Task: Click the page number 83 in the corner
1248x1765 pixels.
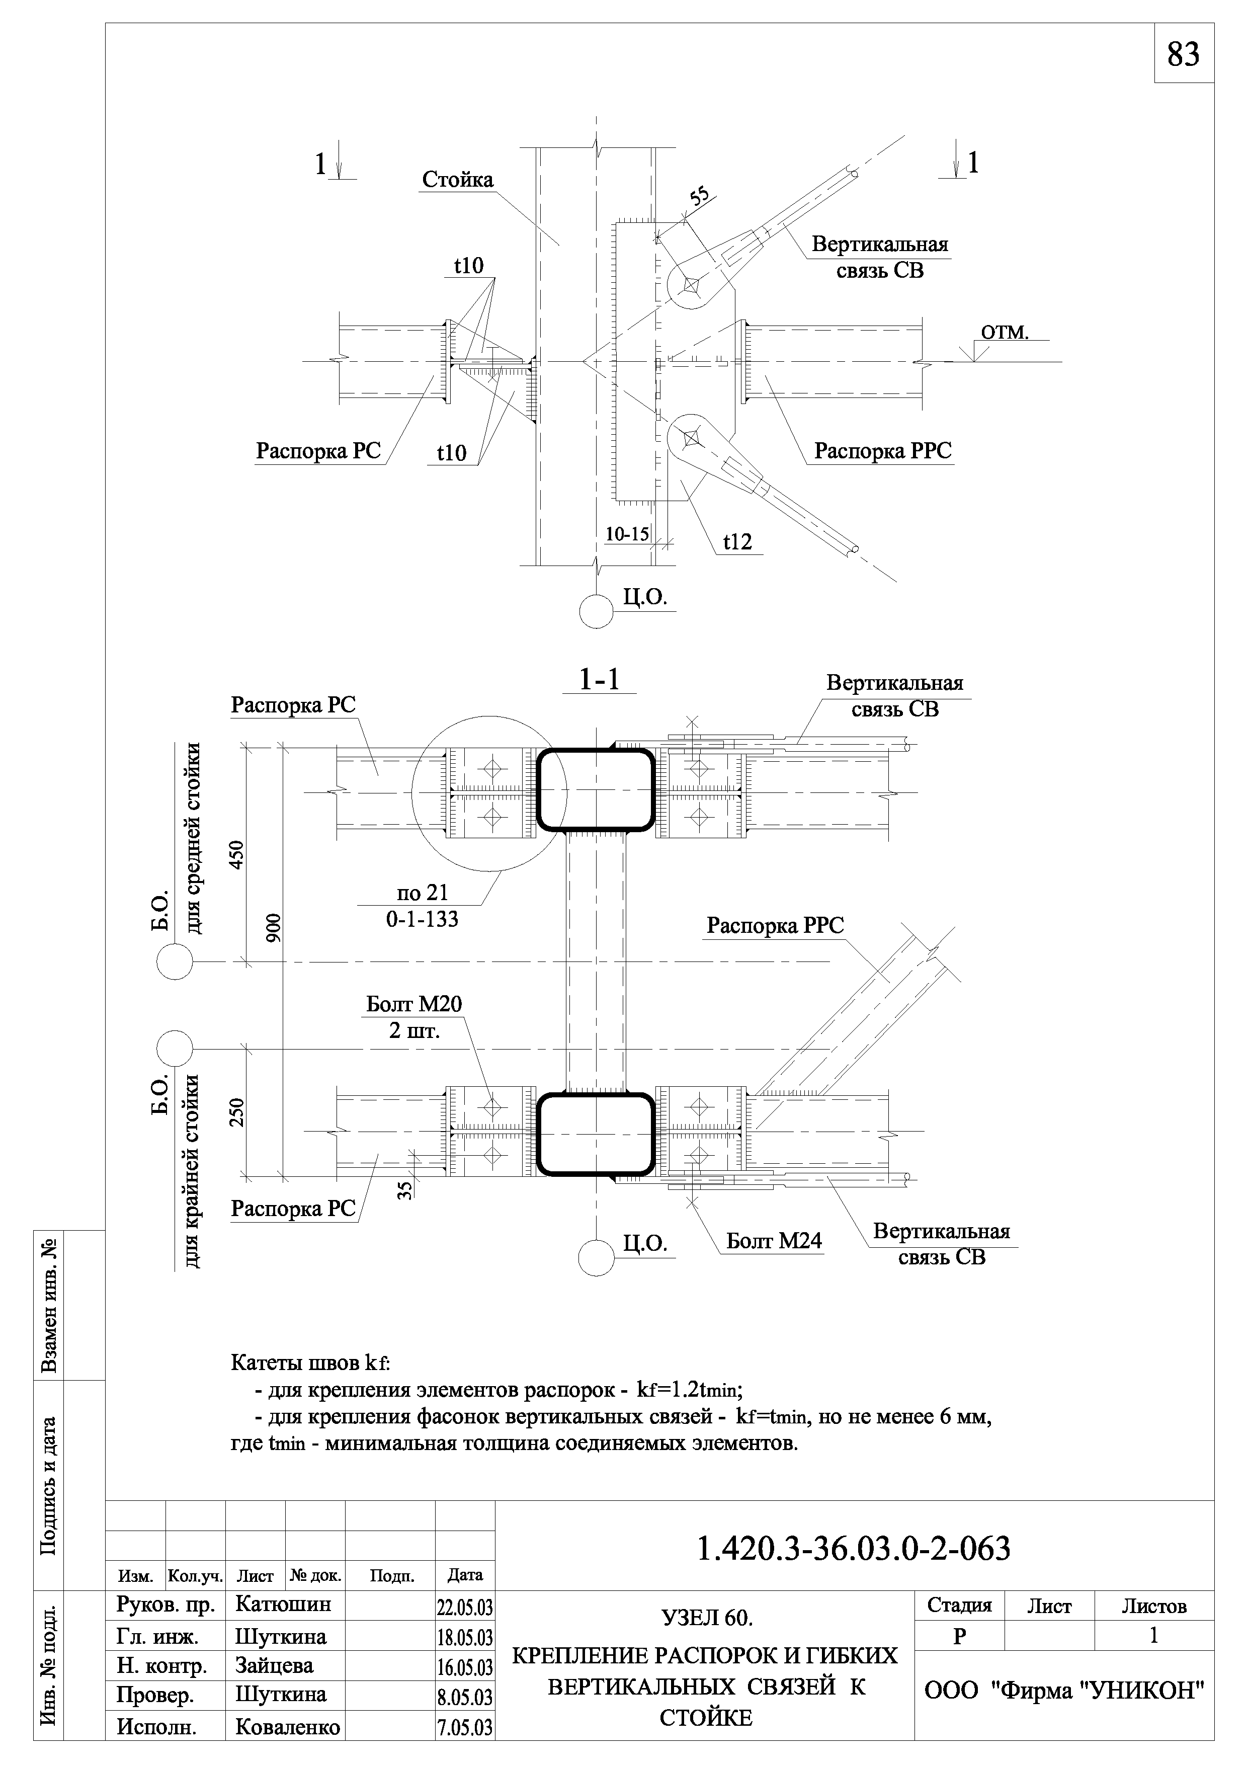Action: click(x=1184, y=54)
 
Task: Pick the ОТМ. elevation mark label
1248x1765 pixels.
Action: click(x=1005, y=332)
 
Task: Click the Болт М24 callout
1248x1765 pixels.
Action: click(x=774, y=1241)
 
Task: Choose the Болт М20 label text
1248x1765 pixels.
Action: click(x=414, y=1004)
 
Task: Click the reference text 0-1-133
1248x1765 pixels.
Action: click(x=422, y=919)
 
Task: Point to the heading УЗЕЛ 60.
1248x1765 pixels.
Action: click(x=707, y=1618)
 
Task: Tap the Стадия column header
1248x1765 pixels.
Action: click(x=959, y=1605)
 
